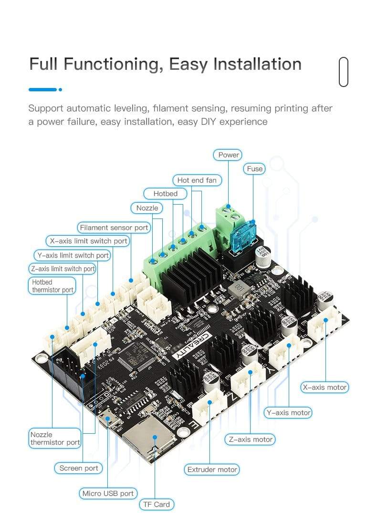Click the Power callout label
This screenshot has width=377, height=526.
click(x=229, y=155)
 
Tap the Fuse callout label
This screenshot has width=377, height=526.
click(x=254, y=169)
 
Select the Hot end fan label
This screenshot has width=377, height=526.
click(x=197, y=180)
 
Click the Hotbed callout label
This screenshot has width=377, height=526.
click(x=165, y=194)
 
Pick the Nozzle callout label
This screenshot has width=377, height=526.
click(x=147, y=208)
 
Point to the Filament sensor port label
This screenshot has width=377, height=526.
click(x=114, y=228)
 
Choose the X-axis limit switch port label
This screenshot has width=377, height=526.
click(x=88, y=241)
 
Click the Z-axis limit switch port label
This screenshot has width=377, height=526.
click(x=63, y=269)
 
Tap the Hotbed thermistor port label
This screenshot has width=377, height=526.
click(x=52, y=286)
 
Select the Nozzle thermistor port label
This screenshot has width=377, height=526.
click(x=55, y=438)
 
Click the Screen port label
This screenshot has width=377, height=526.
click(x=78, y=468)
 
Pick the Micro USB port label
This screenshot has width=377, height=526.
click(x=108, y=493)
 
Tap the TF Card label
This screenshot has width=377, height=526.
click(x=157, y=504)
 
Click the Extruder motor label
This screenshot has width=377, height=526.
click(x=212, y=470)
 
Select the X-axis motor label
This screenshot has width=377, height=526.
click(x=325, y=387)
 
